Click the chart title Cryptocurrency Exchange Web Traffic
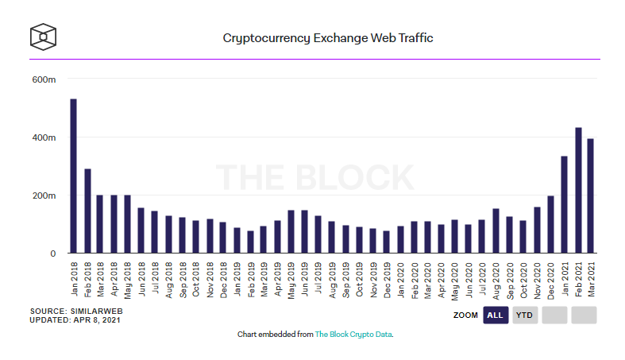(x=327, y=37)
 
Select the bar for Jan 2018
(x=73, y=176)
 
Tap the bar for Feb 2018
(x=87, y=211)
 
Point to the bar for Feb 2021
(x=578, y=190)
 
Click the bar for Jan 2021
(x=564, y=204)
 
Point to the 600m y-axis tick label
(x=44, y=79)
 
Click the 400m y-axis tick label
(x=44, y=137)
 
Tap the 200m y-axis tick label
(x=44, y=195)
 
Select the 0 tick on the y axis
(x=52, y=254)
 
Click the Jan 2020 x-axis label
(x=401, y=278)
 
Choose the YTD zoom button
(x=524, y=315)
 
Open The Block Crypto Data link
(x=353, y=335)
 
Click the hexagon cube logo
(x=43, y=37)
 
